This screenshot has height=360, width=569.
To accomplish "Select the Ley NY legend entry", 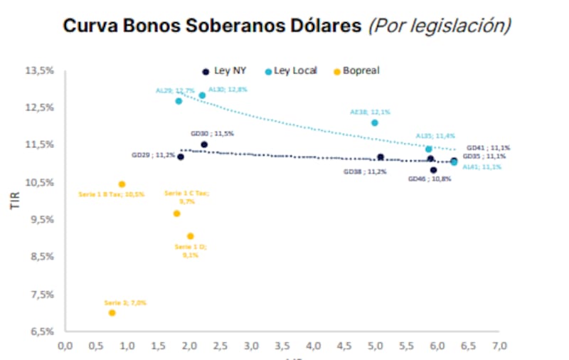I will [225, 71].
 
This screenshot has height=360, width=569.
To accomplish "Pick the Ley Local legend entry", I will [291, 71].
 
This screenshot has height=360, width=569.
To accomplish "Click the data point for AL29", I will [179, 101].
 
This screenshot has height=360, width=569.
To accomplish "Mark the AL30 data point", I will [202, 95].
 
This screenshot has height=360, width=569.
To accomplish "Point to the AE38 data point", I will [375, 123].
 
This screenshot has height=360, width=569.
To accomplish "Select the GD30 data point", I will [204, 144].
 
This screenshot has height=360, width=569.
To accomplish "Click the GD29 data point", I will [181, 157].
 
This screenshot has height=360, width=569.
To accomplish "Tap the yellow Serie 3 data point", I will [112, 313].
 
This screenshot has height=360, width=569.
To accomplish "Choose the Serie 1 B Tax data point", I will [122, 184].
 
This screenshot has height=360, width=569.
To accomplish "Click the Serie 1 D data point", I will [191, 236].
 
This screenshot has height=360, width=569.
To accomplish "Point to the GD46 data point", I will [433, 170].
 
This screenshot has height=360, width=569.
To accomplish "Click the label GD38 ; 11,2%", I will [366, 171].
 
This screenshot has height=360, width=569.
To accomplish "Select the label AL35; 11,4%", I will [435, 136].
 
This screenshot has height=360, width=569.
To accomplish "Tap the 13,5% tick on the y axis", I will [39, 70].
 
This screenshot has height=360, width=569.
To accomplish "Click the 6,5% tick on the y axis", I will [41, 332].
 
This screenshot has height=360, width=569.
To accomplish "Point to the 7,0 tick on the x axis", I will [499, 346].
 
